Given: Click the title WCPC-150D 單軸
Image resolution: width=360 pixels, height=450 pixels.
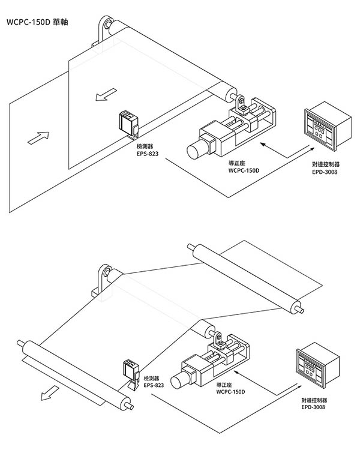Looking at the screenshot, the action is (x=37, y=22).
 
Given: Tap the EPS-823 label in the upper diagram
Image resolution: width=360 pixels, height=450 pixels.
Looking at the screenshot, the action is (x=147, y=154).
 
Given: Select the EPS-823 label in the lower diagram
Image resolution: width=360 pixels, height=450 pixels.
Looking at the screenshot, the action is (x=154, y=385).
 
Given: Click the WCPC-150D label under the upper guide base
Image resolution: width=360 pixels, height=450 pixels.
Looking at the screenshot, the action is (x=244, y=170).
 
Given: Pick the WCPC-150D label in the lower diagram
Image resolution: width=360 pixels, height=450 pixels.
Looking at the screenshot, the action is (x=230, y=392).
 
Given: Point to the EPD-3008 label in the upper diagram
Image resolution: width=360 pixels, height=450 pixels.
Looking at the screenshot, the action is (x=325, y=172).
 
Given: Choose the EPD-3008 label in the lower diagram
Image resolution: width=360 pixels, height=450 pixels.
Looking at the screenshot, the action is (x=313, y=407).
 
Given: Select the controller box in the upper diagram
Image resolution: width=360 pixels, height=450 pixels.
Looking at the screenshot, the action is (x=328, y=126).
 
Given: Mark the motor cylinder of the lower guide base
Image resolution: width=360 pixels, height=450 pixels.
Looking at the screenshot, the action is (x=180, y=380).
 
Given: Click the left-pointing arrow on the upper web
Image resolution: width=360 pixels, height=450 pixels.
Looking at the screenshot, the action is (x=106, y=94).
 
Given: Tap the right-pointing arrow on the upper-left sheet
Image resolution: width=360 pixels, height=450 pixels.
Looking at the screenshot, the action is (x=38, y=138).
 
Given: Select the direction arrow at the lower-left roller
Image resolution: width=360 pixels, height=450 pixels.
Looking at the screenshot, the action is (x=50, y=393).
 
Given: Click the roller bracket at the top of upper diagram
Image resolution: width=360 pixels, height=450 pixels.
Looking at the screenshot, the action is (x=103, y=31).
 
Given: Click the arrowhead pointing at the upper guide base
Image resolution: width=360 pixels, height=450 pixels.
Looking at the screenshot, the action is (x=262, y=144).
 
